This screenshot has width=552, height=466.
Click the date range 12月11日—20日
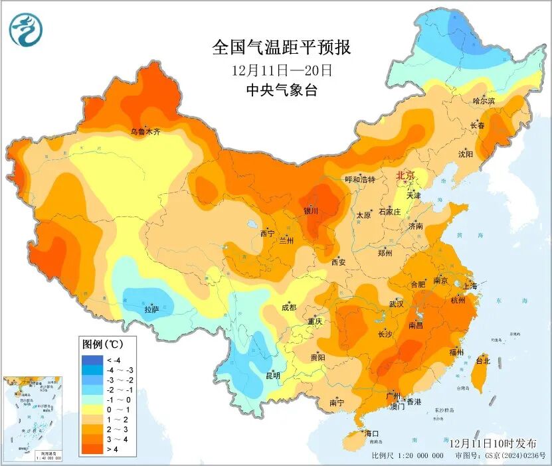282,70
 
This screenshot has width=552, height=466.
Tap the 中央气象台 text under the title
282,90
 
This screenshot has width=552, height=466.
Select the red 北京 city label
405,176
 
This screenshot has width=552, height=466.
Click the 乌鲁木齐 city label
145,132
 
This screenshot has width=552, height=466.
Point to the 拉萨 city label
151,309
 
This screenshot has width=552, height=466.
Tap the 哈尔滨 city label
484,101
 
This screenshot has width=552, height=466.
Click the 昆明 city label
273,376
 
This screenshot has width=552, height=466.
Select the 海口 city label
371,433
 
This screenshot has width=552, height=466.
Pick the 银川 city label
311,211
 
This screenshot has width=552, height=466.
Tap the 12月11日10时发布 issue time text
490,442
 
